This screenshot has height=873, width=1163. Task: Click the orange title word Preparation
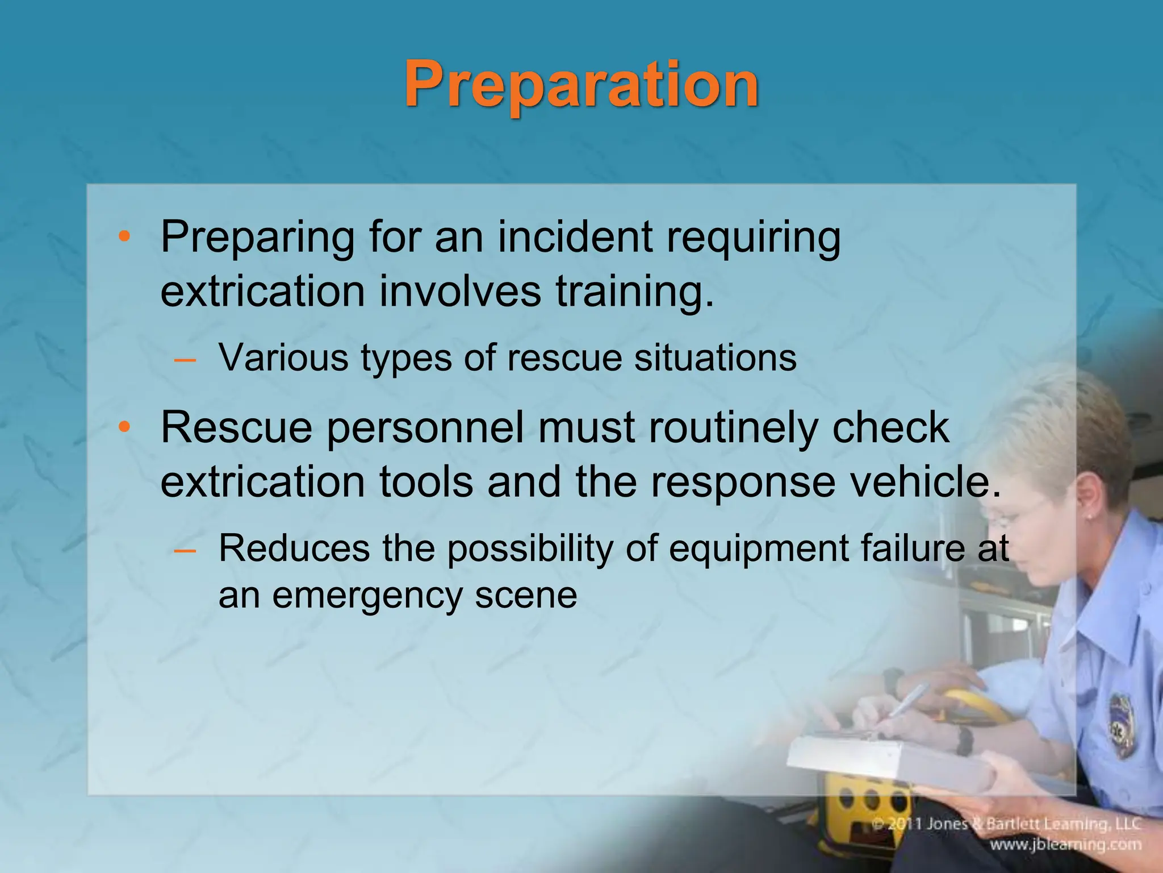[x=581, y=85]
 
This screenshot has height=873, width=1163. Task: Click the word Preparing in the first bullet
[x=257, y=238]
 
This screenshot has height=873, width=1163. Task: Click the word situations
[x=715, y=358]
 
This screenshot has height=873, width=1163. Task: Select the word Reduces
[x=294, y=548]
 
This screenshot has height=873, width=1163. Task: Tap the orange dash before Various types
[x=185, y=360]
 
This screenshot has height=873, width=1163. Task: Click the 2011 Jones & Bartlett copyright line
[x=1006, y=824]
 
